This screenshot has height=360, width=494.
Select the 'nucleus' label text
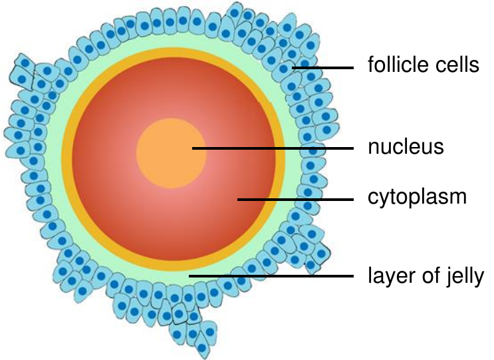(x=406, y=147)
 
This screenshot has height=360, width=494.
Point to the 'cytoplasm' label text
(x=417, y=198)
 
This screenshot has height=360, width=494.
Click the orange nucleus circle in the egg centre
(x=172, y=153)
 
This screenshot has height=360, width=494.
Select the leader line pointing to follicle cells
(x=322, y=67)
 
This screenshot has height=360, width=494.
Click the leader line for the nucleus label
(x=273, y=148)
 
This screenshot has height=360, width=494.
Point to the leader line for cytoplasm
(x=295, y=200)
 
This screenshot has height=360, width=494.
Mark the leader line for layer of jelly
(x=271, y=276)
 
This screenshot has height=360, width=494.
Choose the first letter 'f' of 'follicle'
(x=372, y=65)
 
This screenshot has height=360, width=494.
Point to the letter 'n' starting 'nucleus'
(x=374, y=149)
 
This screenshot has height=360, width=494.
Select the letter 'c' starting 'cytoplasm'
(x=373, y=198)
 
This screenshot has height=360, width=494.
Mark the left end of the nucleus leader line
(x=193, y=148)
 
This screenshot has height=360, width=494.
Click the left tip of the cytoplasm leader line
(x=237, y=200)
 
